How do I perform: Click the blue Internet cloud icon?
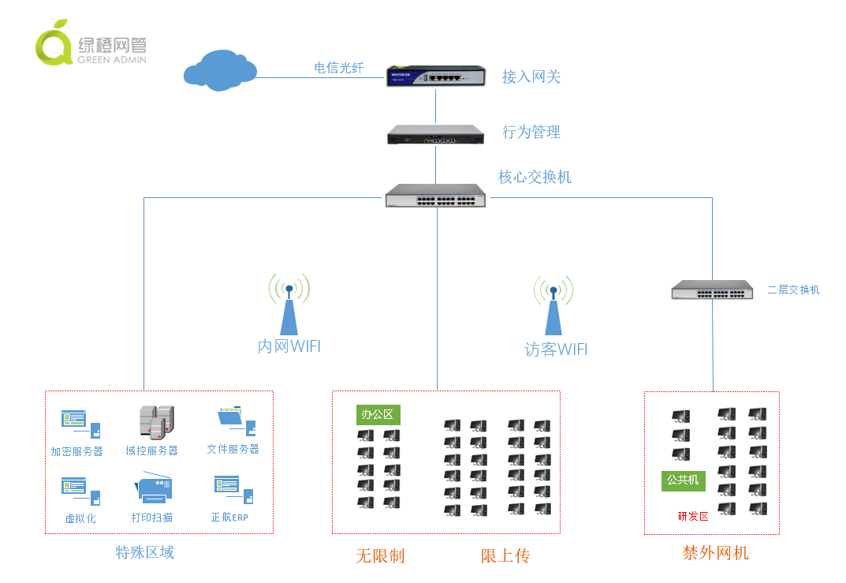pyautogui.click(x=220, y=70)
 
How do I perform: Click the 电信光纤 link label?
pyautogui.click(x=339, y=68)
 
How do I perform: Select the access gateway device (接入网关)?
pyautogui.click(x=435, y=76)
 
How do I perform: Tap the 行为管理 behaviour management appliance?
pyautogui.click(x=435, y=134)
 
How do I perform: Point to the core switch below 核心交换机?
pyautogui.click(x=435, y=196)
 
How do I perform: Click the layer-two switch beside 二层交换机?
pyautogui.click(x=712, y=290)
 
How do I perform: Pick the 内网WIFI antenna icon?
pyautogui.click(x=289, y=304)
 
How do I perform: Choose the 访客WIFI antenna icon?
pyautogui.click(x=553, y=305)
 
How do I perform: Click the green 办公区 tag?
pyautogui.click(x=378, y=415)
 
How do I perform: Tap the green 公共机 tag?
pyautogui.click(x=683, y=480)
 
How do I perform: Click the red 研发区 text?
pyautogui.click(x=693, y=517)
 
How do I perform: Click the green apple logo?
pyautogui.click(x=54, y=43)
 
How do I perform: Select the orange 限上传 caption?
pyautogui.click(x=505, y=556)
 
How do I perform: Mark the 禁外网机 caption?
pyautogui.click(x=715, y=553)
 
